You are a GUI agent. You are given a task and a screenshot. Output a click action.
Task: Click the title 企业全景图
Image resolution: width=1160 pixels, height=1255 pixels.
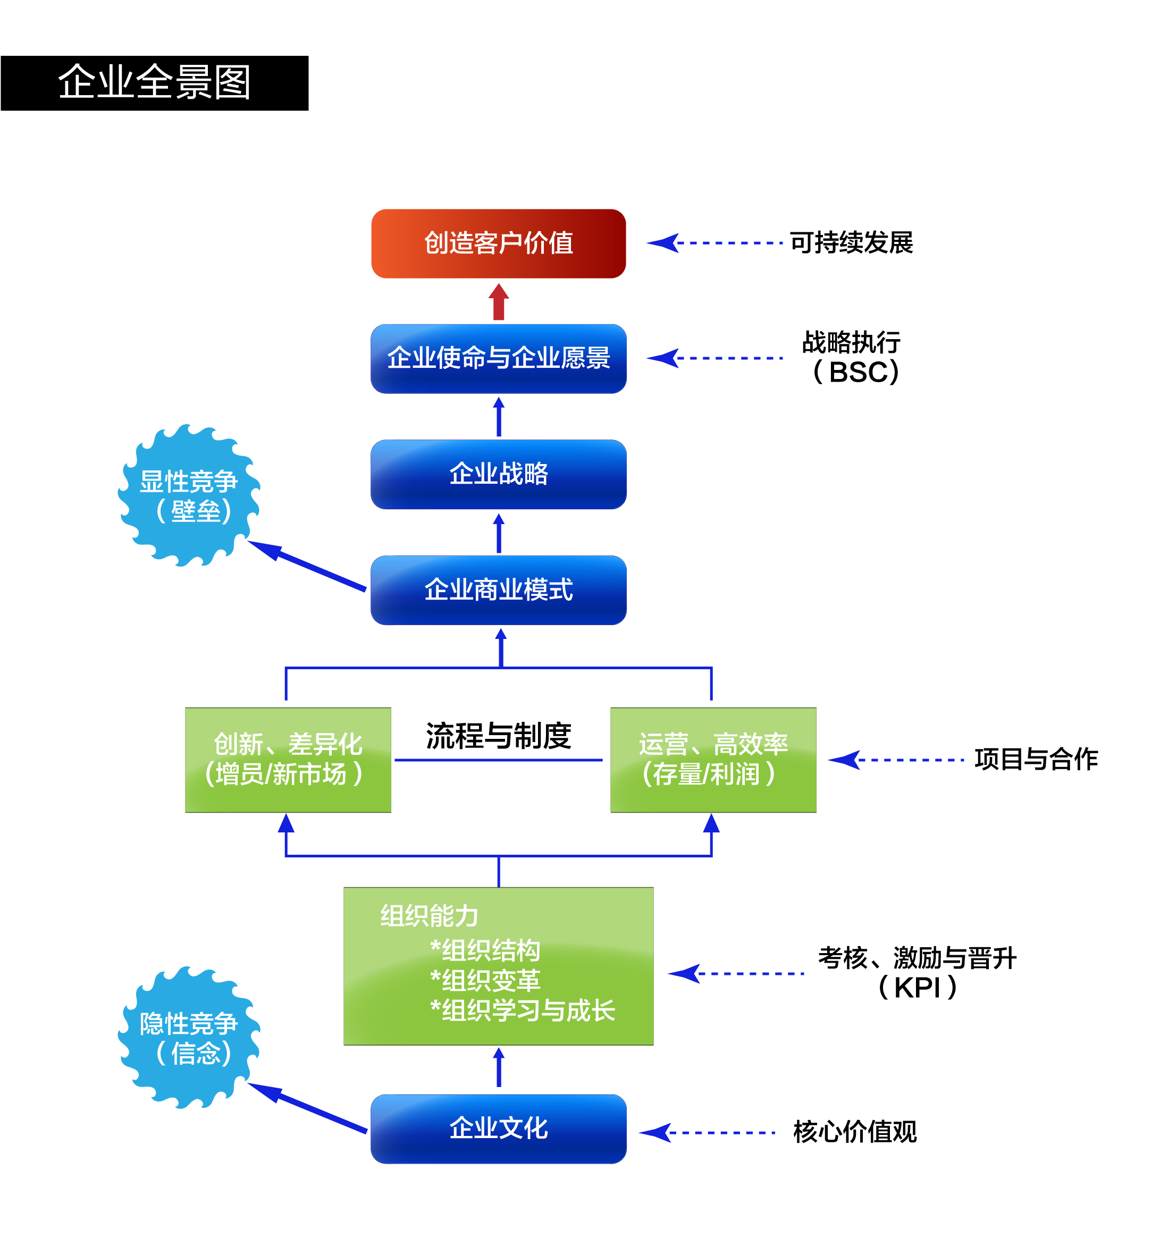click(154, 82)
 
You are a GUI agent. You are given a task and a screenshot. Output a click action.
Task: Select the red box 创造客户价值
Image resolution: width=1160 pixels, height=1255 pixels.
click(499, 243)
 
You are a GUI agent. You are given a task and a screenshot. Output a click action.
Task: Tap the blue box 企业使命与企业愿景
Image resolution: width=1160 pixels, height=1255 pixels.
click(499, 358)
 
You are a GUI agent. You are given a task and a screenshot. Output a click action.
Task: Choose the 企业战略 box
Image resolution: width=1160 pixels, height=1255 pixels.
click(499, 474)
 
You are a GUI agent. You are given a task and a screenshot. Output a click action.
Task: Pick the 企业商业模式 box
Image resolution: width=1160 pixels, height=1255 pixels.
click(499, 590)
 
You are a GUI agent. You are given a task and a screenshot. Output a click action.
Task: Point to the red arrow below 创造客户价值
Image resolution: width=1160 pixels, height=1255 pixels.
click(499, 302)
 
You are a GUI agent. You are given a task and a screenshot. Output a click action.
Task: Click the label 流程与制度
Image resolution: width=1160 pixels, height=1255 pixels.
click(499, 736)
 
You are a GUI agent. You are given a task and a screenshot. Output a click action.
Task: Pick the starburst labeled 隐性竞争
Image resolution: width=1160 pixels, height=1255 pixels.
click(189, 1038)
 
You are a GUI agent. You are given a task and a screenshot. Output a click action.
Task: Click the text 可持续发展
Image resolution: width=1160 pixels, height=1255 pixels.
click(851, 243)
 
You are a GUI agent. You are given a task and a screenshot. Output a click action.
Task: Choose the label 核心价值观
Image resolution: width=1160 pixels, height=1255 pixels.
click(855, 1132)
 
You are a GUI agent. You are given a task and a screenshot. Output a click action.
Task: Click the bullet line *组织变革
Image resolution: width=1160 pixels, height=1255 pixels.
click(485, 980)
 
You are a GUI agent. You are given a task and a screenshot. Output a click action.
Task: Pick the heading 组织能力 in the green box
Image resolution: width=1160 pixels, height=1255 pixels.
click(430, 916)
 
